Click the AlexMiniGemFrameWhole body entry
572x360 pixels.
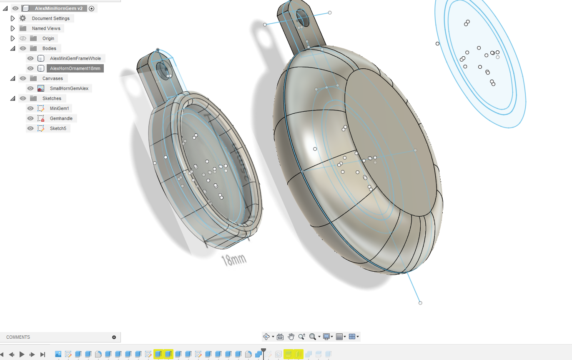point(75,58)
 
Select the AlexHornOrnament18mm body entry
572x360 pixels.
point(75,68)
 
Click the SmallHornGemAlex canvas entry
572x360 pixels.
point(69,88)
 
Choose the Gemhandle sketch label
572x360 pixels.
point(61,118)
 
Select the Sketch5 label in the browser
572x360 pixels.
point(58,128)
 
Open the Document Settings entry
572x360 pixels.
point(51,18)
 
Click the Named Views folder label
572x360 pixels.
point(46,28)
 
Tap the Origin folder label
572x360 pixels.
point(48,38)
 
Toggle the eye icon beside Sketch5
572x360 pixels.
point(30,128)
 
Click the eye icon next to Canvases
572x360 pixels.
point(23,78)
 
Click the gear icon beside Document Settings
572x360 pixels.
point(23,18)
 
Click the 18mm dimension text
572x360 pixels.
point(233,260)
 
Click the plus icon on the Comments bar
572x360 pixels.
point(114,337)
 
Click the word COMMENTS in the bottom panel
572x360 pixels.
point(18,337)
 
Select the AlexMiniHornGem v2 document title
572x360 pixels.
point(59,8)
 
